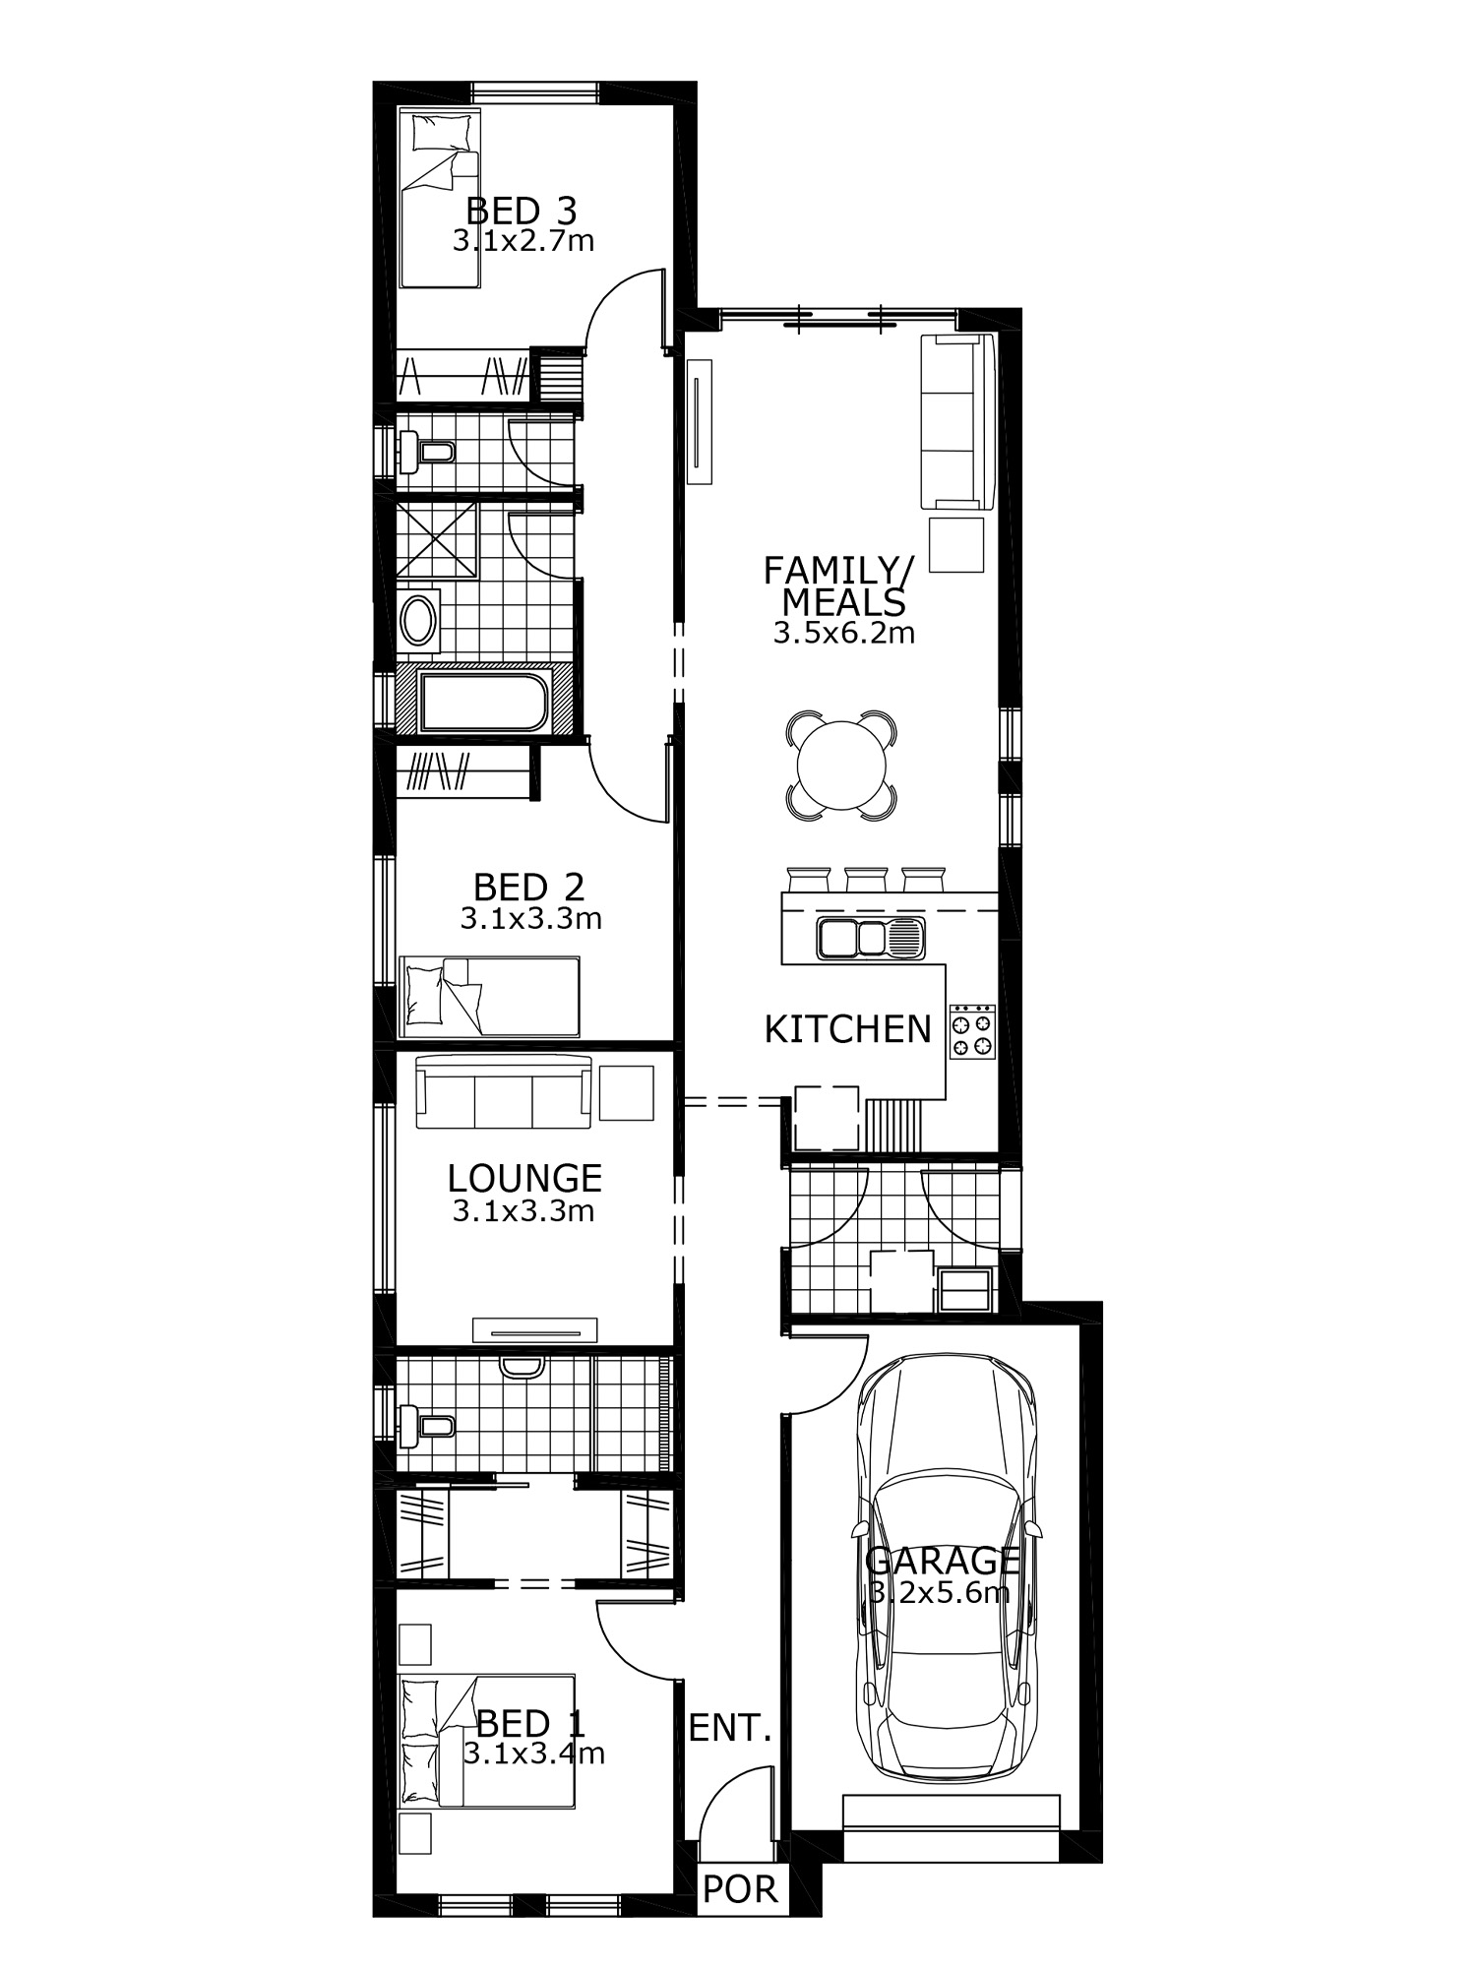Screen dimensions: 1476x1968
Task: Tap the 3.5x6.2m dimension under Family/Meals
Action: (843, 633)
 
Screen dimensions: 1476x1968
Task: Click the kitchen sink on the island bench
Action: (871, 937)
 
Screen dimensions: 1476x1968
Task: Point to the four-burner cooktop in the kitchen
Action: (972, 1030)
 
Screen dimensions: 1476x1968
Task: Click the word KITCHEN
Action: (847, 1029)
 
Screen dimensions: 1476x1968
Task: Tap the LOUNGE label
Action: (524, 1178)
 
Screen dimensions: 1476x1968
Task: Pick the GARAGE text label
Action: (942, 1560)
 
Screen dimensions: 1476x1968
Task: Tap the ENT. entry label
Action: (729, 1729)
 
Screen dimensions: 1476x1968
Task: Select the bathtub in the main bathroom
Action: (483, 702)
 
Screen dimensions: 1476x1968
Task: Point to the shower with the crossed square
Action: (436, 539)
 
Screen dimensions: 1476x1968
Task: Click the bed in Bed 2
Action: (489, 996)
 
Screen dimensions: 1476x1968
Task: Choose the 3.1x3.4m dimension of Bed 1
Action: (534, 1753)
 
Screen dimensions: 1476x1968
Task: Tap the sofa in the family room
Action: (956, 421)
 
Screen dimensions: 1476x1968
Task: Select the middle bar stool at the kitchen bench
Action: (867, 879)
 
